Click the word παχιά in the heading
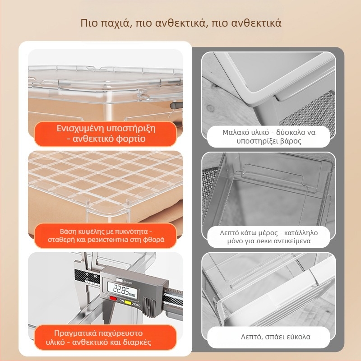point(116,23)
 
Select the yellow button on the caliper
point(128,303)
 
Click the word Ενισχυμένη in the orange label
point(80,129)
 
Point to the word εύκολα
point(299,337)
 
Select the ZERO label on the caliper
point(136,305)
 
